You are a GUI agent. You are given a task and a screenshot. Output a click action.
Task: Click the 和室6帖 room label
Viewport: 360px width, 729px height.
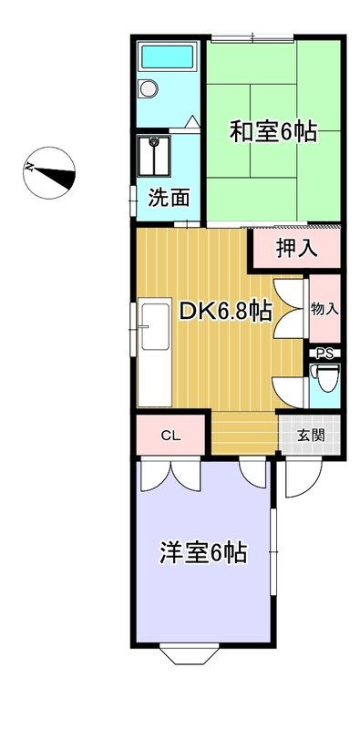coord(273,131)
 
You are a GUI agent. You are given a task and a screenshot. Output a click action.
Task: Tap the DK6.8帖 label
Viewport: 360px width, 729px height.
coord(226,312)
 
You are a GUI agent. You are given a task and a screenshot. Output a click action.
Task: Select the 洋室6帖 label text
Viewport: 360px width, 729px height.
coord(203,553)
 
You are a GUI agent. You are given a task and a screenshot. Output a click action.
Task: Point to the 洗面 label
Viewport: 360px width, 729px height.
coord(169,199)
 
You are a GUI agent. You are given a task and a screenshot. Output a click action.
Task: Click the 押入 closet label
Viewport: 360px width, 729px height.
coord(297,249)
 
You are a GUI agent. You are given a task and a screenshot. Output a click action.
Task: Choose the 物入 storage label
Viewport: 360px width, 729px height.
coord(324,309)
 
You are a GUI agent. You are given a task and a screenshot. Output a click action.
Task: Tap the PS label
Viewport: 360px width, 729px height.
coord(324,354)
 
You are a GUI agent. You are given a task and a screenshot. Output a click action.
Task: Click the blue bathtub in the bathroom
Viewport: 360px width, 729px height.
coord(168,56)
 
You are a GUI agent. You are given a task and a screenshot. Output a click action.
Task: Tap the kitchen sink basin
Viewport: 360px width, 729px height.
coord(156,327)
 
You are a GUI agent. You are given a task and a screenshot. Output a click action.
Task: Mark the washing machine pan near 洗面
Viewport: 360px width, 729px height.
coord(154,156)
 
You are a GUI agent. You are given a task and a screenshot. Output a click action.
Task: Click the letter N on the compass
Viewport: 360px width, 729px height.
coord(30,167)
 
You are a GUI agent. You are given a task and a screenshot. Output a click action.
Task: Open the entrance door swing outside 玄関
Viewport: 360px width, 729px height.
coord(303,477)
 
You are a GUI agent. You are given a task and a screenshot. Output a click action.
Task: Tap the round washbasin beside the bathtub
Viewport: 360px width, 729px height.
coord(149,87)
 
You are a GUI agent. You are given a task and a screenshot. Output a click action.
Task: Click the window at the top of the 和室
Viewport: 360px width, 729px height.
coord(252,37)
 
